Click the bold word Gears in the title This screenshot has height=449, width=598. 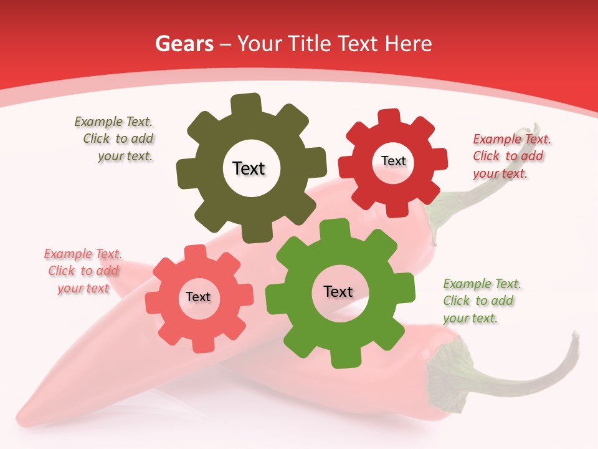pyautogui.click(x=184, y=44)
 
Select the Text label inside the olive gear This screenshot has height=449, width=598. pyautogui.click(x=249, y=168)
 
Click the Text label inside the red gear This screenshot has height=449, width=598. pyautogui.click(x=393, y=161)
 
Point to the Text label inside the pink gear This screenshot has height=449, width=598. pyautogui.click(x=198, y=297)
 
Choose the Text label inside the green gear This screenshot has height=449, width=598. pyautogui.click(x=338, y=291)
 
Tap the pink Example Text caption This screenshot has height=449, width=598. pyautogui.click(x=83, y=271)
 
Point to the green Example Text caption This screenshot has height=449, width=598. pyautogui.click(x=480, y=301)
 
